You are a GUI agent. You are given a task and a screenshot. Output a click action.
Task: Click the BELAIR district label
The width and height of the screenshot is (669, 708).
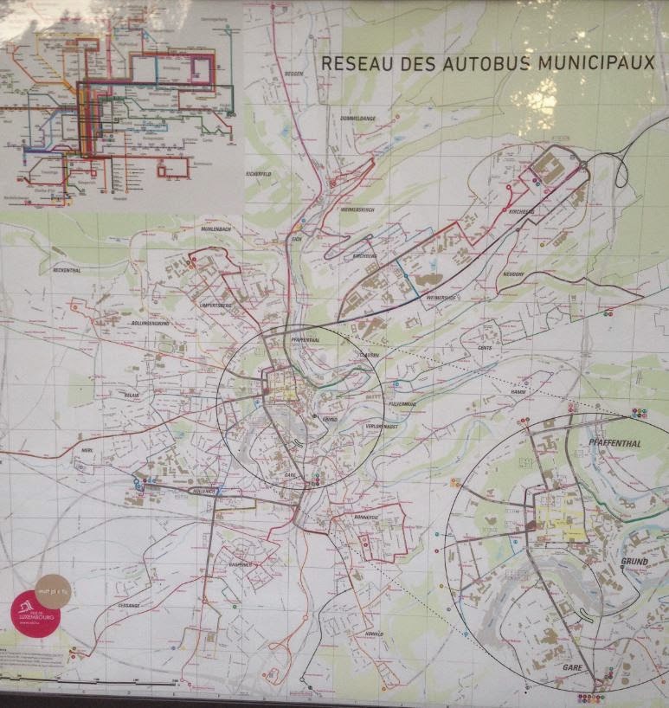[x=132, y=395]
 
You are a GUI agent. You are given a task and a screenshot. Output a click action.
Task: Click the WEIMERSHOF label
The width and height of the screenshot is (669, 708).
[x=440, y=298]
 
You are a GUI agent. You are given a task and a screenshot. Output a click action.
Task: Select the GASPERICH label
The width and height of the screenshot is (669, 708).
[x=239, y=564]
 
